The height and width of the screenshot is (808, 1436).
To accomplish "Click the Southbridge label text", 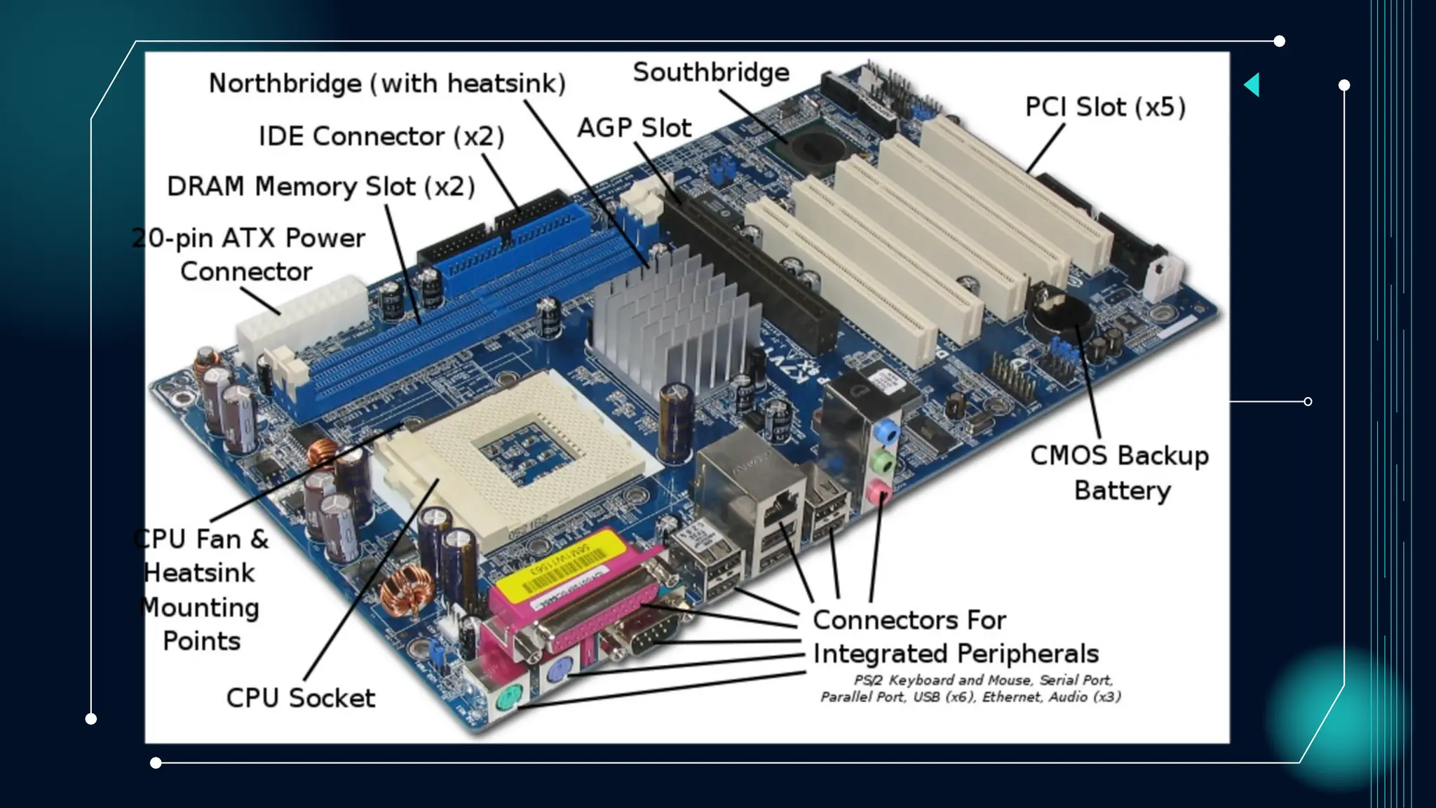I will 710,72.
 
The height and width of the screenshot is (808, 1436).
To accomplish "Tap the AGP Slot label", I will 634,128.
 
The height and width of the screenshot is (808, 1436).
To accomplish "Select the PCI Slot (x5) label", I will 1105,107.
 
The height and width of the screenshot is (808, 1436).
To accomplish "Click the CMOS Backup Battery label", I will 1120,472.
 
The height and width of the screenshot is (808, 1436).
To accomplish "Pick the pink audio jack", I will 877,492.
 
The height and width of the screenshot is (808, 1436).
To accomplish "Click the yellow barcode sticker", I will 561,561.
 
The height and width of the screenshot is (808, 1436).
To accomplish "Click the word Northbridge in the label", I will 285,83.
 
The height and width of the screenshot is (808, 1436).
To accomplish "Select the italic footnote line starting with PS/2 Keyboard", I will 983,680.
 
